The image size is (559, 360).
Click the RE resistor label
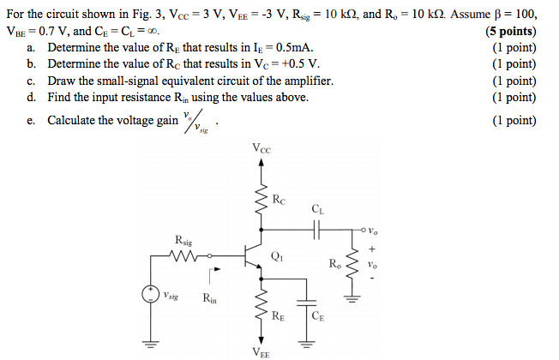[x=278, y=316]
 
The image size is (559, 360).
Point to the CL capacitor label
[x=318, y=207]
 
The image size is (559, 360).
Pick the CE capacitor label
[x=318, y=316]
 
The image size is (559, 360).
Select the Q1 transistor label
[x=275, y=255]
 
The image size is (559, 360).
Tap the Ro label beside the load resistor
[x=334, y=262]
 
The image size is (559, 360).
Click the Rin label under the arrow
[x=210, y=299]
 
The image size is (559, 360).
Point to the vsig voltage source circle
[x=150, y=296]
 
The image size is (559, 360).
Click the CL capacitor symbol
[x=317, y=230]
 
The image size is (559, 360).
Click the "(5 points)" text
[x=512, y=33]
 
